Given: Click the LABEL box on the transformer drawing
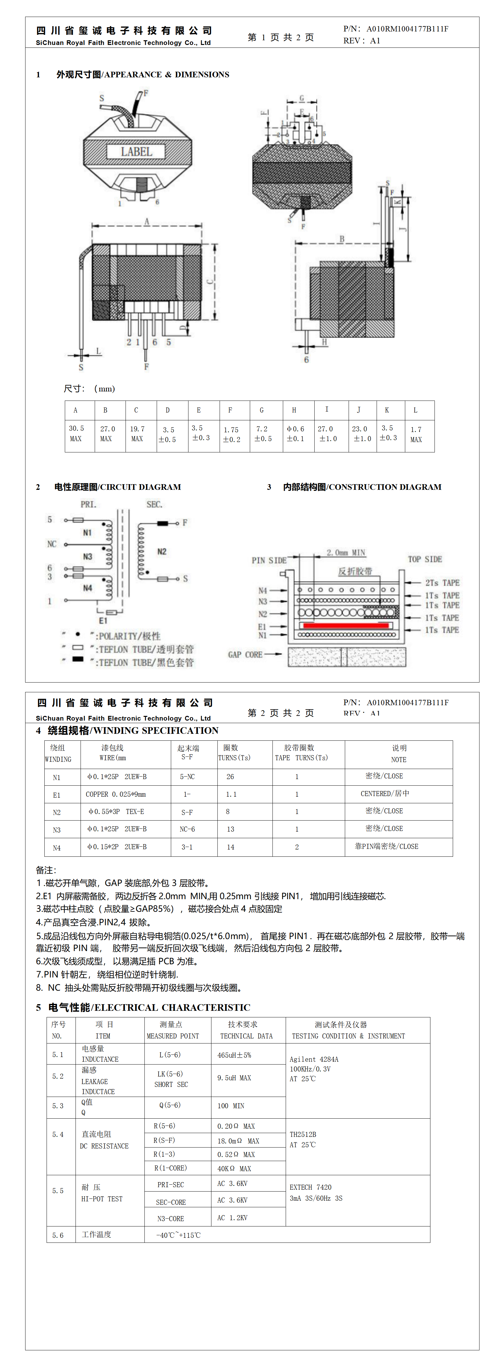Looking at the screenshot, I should [137, 152].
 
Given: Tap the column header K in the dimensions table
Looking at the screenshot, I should [387, 410].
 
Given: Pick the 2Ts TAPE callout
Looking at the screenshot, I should [442, 582].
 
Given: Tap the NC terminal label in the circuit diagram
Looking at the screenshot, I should [52, 544].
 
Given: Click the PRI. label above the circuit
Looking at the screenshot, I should [88, 504].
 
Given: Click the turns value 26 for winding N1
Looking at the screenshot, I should [230, 776].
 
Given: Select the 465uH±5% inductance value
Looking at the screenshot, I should [234, 1055].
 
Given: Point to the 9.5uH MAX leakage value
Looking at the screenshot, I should [234, 1078].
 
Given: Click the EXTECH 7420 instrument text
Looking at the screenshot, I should [311, 1187].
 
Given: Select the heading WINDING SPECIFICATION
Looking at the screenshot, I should [133, 730].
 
